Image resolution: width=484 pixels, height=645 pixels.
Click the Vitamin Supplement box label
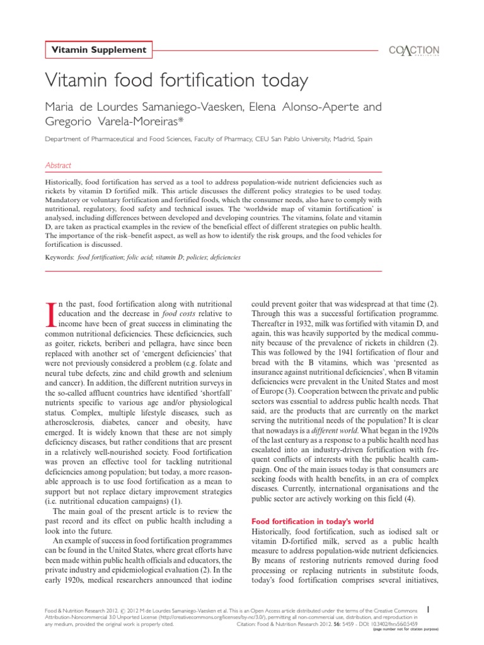point(98,50)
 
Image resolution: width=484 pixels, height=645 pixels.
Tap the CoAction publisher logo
point(414,51)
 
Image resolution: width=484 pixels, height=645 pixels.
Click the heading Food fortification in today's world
point(313,521)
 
